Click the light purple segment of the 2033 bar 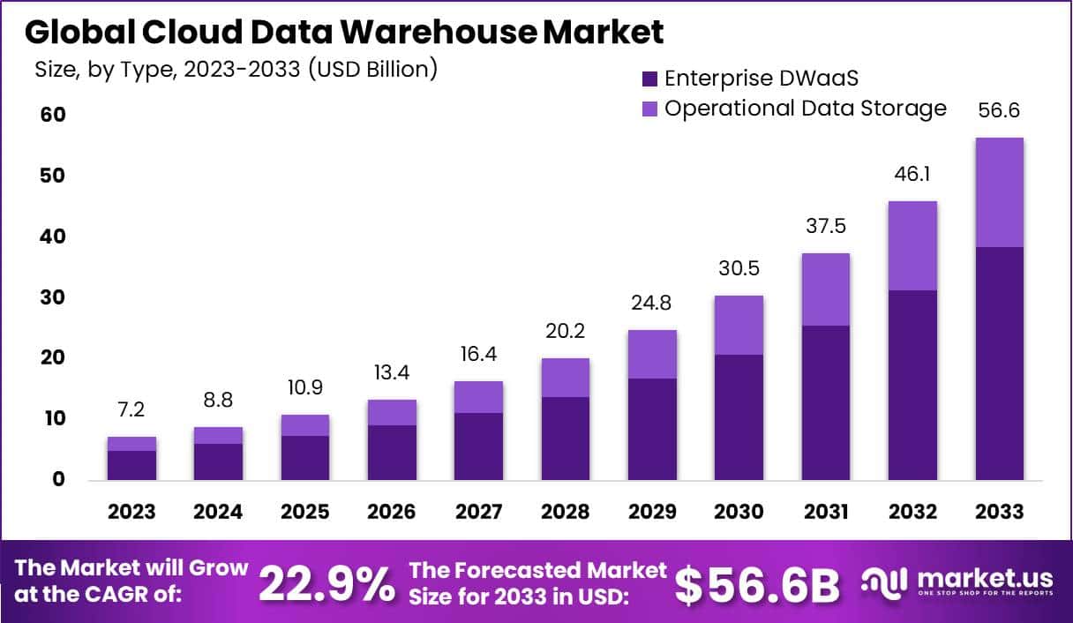pyautogui.click(x=1000, y=192)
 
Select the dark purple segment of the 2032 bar pyautogui.click(x=912, y=385)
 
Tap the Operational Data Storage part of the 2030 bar pyautogui.click(x=739, y=325)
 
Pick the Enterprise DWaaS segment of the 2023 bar pyautogui.click(x=132, y=465)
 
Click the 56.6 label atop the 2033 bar pyautogui.click(x=1000, y=111)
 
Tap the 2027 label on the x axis pyautogui.click(x=478, y=512)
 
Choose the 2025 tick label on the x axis pyautogui.click(x=305, y=512)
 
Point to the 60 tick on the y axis pyautogui.click(x=52, y=116)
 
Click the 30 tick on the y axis pyautogui.click(x=52, y=298)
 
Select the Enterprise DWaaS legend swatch pyautogui.click(x=650, y=79)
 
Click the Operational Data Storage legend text pyautogui.click(x=805, y=109)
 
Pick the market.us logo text pyautogui.click(x=985, y=579)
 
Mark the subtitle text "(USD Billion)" pyautogui.click(x=371, y=69)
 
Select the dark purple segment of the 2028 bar pyautogui.click(x=565, y=439)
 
